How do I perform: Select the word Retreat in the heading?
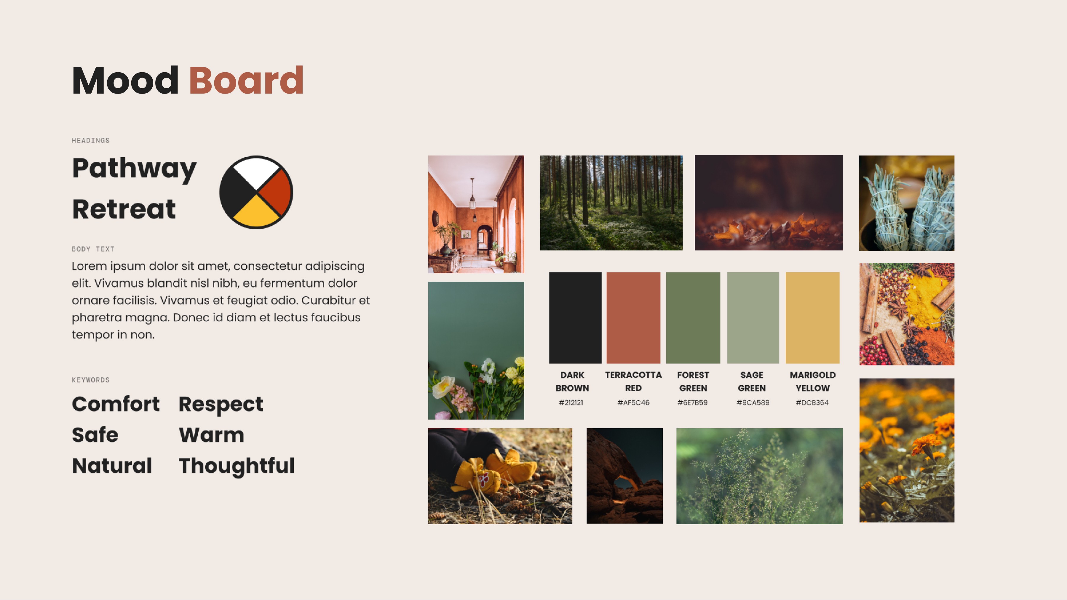click(124, 209)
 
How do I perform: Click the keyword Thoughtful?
click(237, 466)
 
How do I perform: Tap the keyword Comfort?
click(116, 404)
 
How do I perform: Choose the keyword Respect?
click(221, 404)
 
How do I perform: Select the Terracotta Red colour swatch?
click(633, 318)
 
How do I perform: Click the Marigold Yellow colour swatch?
click(812, 318)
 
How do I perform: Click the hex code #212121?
click(571, 403)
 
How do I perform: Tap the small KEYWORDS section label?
click(91, 380)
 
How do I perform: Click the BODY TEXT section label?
click(93, 249)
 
